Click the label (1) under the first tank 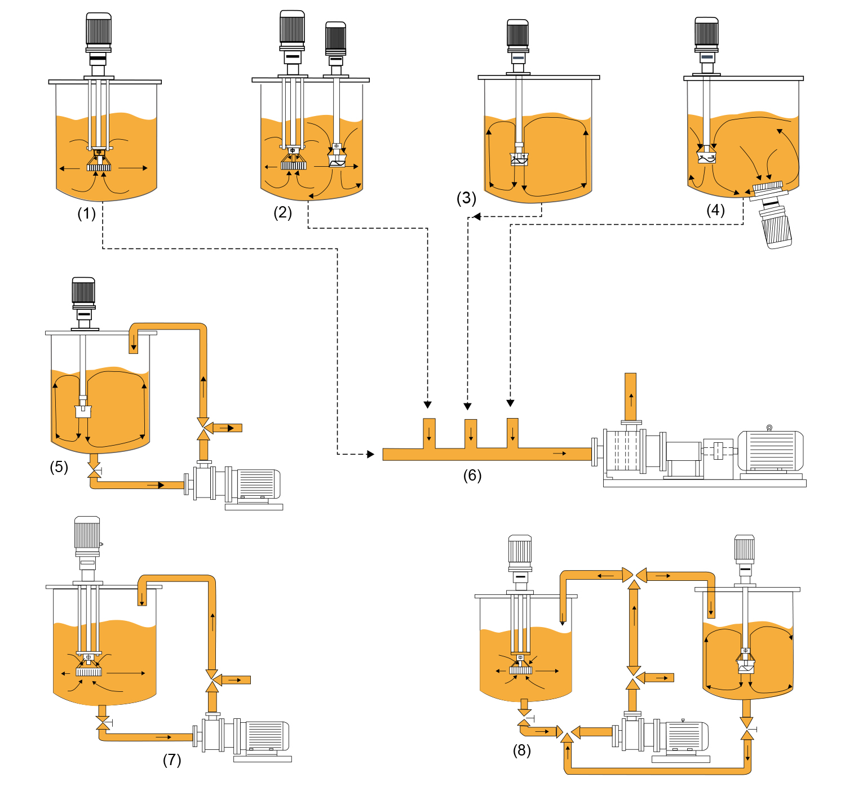click(x=87, y=214)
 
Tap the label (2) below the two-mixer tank click(x=283, y=212)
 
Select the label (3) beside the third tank click(x=466, y=198)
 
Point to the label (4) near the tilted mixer click(x=715, y=210)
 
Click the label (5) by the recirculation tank click(x=59, y=466)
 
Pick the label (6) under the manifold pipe click(x=472, y=476)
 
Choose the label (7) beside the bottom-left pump click(x=172, y=760)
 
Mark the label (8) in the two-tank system click(x=521, y=750)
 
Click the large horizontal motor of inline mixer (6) click(x=771, y=451)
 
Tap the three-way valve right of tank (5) click(x=203, y=428)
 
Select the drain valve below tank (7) click(x=103, y=722)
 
